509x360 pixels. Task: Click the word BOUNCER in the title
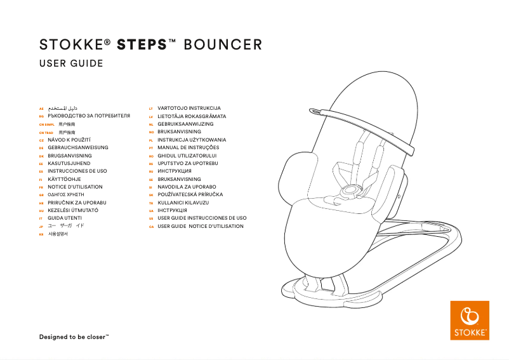coord(223,45)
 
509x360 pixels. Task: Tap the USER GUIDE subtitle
coord(71,63)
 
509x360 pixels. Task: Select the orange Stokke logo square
coord(470,321)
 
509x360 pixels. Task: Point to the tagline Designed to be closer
coord(74,337)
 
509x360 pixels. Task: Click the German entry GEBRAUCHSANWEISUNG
coord(78,147)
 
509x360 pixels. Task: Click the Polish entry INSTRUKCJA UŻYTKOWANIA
coord(192,140)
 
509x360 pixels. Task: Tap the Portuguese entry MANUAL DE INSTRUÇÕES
coord(188,147)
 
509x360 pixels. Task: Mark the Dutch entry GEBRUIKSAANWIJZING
coord(185,124)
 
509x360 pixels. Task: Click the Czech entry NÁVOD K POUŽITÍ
coord(70,140)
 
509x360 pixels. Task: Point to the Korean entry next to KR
coord(58,234)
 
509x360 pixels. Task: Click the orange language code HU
coord(41,210)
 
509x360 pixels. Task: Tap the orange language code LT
coord(151,109)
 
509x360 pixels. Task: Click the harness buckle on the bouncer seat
coord(348,190)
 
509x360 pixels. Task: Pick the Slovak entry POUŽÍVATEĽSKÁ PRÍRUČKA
coord(195,194)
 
